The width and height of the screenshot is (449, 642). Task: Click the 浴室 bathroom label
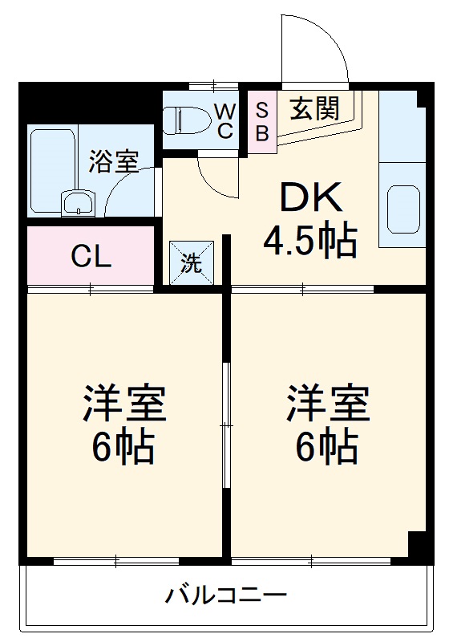tap(114, 161)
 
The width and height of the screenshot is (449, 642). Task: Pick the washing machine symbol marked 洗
tap(192, 263)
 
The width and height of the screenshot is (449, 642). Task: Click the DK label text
tap(310, 197)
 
